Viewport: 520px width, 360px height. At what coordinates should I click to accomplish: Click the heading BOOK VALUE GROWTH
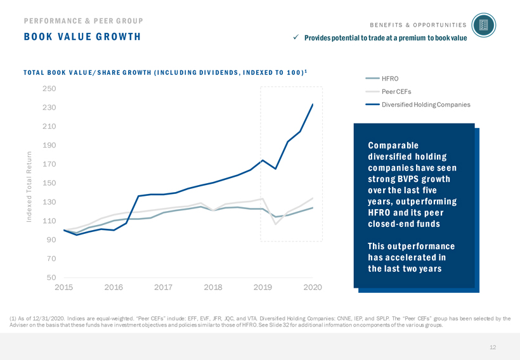(82, 37)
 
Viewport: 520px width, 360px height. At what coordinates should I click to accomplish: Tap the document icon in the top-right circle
(484, 25)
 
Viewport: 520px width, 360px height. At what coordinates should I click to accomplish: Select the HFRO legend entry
(389, 79)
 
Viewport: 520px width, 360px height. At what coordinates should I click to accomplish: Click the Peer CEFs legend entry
(396, 91)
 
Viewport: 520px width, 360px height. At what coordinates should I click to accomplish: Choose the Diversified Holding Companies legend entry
(426, 104)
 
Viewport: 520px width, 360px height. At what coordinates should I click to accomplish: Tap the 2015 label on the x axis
(63, 288)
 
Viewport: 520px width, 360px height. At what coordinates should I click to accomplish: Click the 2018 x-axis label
(213, 288)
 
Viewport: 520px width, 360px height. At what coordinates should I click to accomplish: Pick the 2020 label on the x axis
(313, 288)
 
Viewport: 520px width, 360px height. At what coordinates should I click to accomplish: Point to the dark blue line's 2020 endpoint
(313, 105)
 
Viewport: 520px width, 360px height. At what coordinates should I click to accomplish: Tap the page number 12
(492, 347)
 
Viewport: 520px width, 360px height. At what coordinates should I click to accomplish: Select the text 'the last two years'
(404, 269)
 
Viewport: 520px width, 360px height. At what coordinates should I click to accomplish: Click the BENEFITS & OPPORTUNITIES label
(417, 25)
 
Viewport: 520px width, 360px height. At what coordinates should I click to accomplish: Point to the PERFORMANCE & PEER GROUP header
(83, 20)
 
